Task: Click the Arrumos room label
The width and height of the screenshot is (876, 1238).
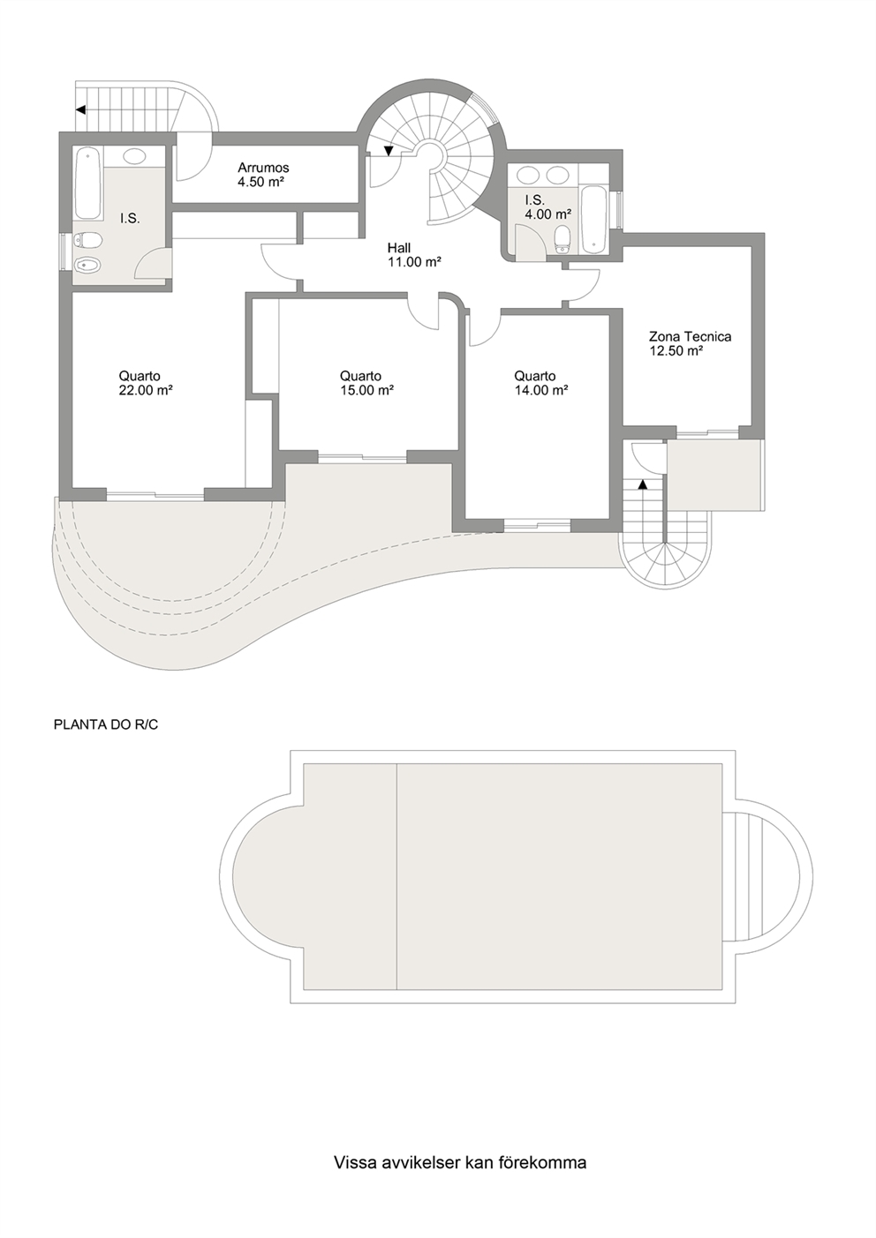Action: tap(263, 168)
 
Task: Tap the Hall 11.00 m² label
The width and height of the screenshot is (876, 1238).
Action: tap(399, 248)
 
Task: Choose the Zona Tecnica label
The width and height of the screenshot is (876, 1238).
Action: tap(690, 336)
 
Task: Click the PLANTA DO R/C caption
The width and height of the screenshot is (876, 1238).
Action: tap(99, 725)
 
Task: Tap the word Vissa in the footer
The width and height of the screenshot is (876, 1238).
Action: tap(352, 1162)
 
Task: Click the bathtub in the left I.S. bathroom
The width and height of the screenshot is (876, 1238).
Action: tap(87, 184)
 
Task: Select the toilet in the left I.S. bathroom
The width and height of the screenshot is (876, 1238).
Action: tap(87, 239)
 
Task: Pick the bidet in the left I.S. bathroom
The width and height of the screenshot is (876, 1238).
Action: tap(87, 266)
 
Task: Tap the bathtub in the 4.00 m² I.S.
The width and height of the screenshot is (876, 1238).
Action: tap(593, 218)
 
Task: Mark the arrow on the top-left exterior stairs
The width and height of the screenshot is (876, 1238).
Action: tap(79, 110)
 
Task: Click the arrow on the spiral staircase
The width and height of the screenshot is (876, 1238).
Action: tap(388, 151)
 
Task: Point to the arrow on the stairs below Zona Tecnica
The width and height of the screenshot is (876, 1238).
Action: tap(643, 484)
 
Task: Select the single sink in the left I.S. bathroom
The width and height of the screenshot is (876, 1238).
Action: tap(134, 157)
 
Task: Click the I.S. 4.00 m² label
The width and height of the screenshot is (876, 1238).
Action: tap(547, 206)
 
